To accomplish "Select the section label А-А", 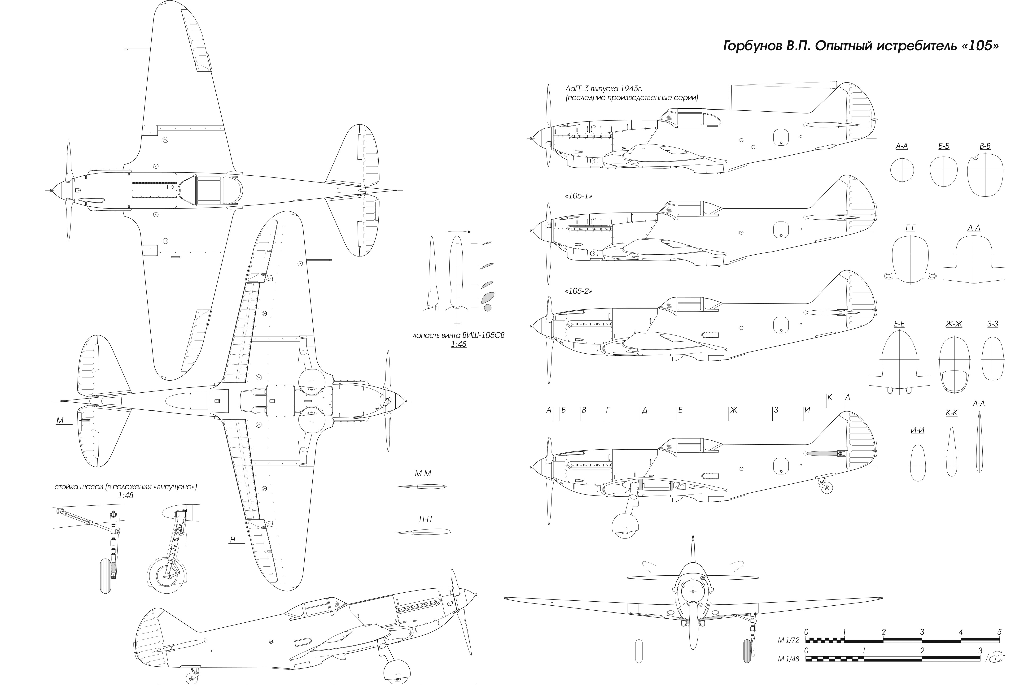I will tap(901, 146).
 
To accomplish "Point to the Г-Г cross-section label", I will tap(910, 228).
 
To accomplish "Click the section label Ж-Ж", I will tap(954, 324).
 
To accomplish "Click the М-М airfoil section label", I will tap(423, 474).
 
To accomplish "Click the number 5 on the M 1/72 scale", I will tap(999, 632).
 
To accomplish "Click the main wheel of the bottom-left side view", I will tap(396, 673).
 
